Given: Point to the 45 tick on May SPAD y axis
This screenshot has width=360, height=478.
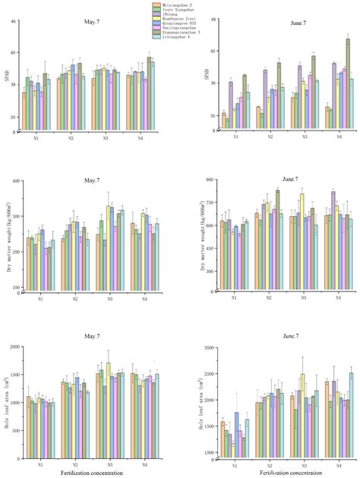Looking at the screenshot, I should click(x=14, y=20).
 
